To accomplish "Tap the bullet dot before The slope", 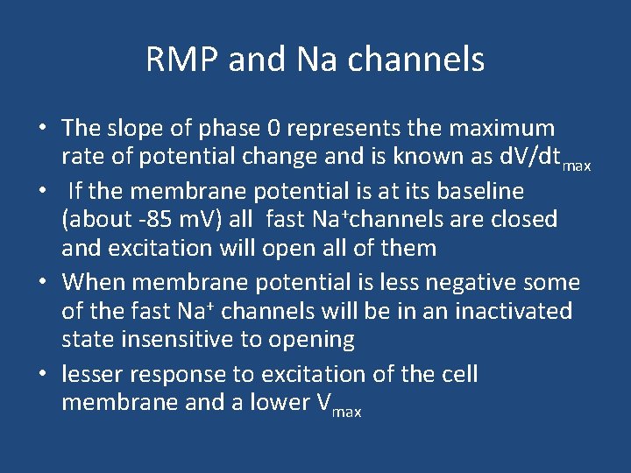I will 42,129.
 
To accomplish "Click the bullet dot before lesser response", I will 42,375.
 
